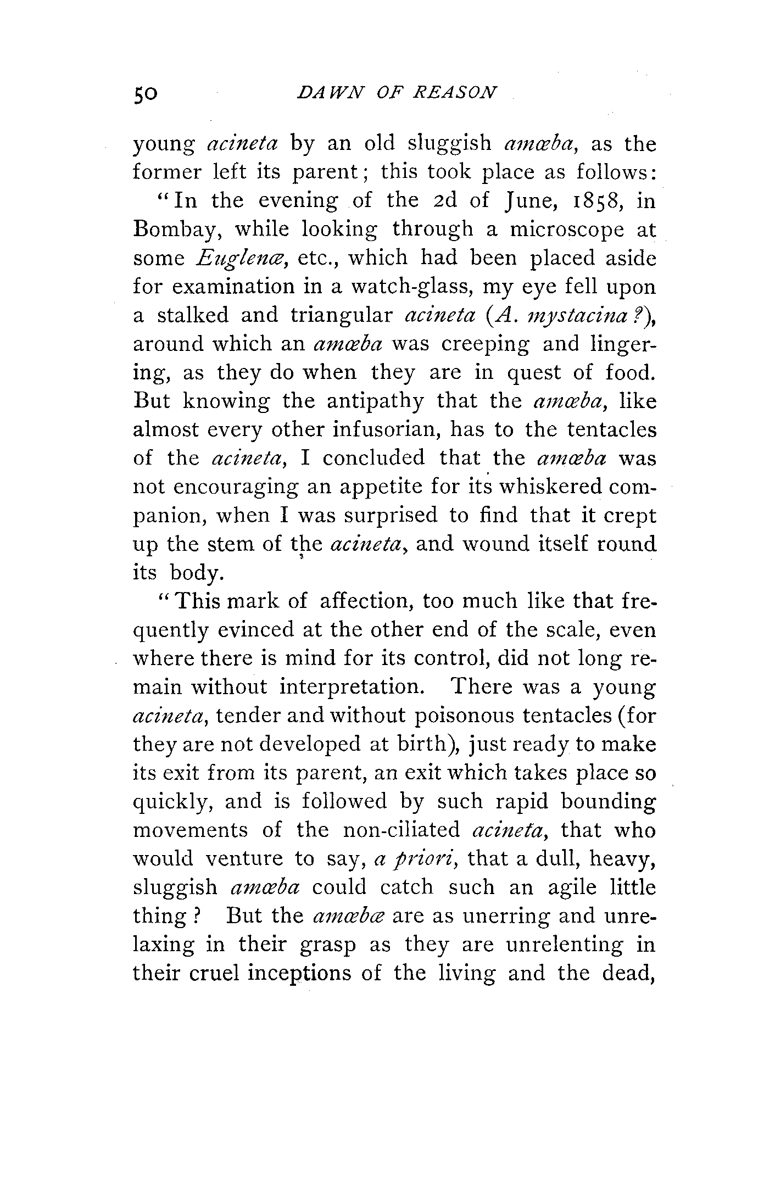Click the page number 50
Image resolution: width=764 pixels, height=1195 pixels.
coord(146,94)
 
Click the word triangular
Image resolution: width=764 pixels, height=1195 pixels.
coord(341,316)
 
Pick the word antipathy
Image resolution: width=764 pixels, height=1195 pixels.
coord(375,401)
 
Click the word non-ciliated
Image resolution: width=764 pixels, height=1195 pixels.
coord(400,830)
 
